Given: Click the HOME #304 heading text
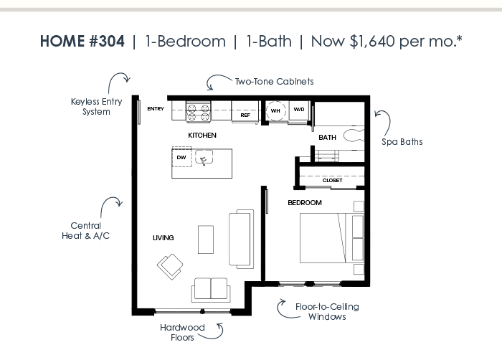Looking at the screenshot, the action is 82,42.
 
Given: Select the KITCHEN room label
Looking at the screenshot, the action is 202,135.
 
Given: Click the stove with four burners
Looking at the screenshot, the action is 199,112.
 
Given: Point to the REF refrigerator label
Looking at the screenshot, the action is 245,115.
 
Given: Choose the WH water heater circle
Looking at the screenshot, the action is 275,111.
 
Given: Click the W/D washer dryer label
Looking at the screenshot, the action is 299,109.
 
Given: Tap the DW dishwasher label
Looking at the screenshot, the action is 181,157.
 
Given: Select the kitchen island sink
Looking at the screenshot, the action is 204,157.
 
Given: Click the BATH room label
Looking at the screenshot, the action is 327,138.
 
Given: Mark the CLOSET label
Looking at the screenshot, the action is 332,180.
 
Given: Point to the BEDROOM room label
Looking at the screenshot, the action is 305,203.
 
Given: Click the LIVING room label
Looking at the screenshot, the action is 164,237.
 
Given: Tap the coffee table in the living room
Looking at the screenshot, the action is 206,240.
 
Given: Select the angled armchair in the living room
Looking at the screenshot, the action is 170,267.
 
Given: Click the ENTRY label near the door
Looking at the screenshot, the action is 156,108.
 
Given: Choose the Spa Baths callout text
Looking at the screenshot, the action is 402,141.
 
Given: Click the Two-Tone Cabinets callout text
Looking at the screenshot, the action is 275,81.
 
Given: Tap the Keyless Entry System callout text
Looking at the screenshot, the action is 96,107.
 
